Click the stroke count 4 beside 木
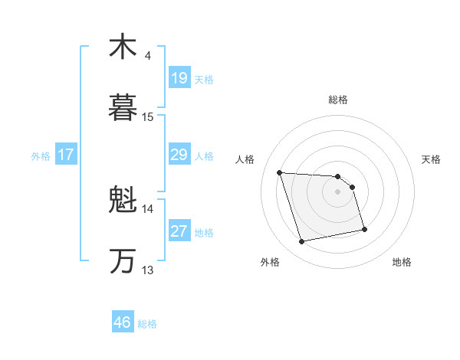coord(148,56)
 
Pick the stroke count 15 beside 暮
coord(148,117)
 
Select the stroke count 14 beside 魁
coord(148,208)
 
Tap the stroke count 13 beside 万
coord(148,270)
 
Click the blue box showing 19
coord(179,78)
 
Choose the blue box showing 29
coord(179,155)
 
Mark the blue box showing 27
coord(179,231)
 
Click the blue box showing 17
coord(66,155)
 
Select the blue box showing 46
coord(123,322)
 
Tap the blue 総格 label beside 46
coord(147,324)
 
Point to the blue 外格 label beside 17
coord(41,156)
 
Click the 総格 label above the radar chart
coord(338,100)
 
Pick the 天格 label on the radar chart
coord(432,159)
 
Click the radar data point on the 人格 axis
coord(280,172)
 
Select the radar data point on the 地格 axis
coord(364,229)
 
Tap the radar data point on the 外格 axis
coord(302,242)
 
